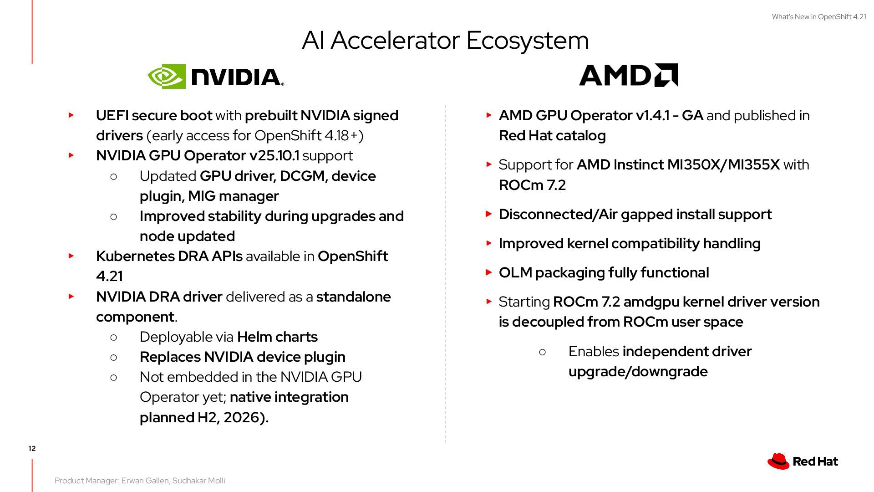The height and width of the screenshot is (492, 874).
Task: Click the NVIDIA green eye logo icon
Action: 167,76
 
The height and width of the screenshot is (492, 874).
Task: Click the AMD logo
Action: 628,75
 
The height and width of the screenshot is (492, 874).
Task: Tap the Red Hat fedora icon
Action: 778,461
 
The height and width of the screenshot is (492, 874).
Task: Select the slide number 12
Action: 32,449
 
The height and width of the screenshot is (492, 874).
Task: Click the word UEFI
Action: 112,116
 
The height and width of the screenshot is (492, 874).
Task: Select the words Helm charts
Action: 277,337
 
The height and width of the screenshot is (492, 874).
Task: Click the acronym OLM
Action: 515,273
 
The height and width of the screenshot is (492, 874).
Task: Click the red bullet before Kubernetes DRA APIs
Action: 71,256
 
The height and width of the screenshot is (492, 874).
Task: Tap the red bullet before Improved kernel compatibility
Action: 489,243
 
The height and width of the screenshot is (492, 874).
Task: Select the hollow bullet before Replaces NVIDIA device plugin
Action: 114,357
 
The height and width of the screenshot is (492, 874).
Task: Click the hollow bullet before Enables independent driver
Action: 542,352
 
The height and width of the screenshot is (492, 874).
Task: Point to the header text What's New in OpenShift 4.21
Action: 818,17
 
